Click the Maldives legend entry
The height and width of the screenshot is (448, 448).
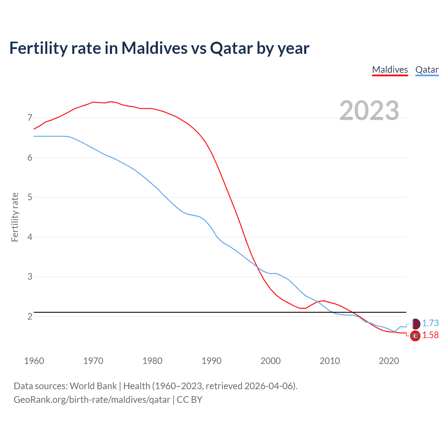pyautogui.click(x=390, y=70)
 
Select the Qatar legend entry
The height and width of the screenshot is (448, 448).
pyautogui.click(x=427, y=70)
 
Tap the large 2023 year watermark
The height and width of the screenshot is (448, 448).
pyautogui.click(x=369, y=111)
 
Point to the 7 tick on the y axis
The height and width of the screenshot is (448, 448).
pyautogui.click(x=30, y=118)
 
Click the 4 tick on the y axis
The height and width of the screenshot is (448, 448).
pyautogui.click(x=30, y=237)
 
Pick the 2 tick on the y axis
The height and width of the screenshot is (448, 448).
pyautogui.click(x=30, y=316)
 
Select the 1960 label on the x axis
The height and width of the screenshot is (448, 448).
pyautogui.click(x=34, y=361)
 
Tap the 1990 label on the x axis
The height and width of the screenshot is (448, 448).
pyautogui.click(x=211, y=361)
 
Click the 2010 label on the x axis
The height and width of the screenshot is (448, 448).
pyautogui.click(x=330, y=361)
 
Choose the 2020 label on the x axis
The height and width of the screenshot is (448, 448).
pyautogui.click(x=389, y=361)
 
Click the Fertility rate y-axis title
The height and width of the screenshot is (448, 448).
pyautogui.click(x=15, y=217)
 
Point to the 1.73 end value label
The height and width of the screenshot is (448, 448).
pyautogui.click(x=430, y=323)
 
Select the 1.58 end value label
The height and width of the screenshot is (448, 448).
pyautogui.click(x=430, y=335)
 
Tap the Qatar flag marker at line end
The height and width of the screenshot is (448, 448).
pyautogui.click(x=415, y=323)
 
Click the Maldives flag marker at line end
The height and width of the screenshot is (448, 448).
pyautogui.click(x=415, y=336)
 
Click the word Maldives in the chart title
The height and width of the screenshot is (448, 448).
pyautogui.click(x=154, y=48)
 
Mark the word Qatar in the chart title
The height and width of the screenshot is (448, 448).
pyautogui.click(x=231, y=48)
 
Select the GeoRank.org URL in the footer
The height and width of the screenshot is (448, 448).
pyautogui.click(x=92, y=399)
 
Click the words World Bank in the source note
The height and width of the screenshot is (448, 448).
pyautogui.click(x=93, y=386)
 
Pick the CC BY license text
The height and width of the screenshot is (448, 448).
pyautogui.click(x=189, y=399)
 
